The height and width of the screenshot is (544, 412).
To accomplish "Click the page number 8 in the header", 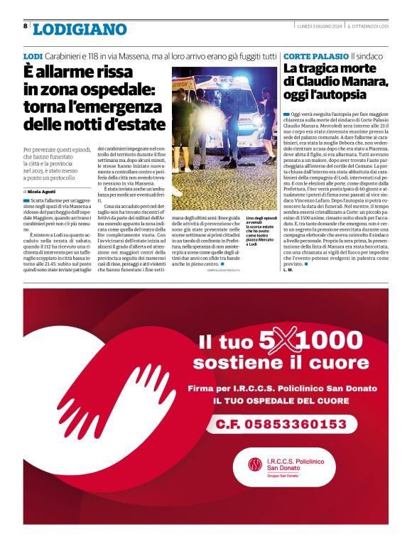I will (x=26, y=26).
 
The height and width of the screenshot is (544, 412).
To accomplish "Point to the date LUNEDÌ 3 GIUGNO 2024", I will (x=321, y=26).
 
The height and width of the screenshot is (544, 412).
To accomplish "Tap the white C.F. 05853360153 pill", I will (x=281, y=424).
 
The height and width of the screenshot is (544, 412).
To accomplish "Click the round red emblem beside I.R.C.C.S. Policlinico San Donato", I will (x=254, y=465).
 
